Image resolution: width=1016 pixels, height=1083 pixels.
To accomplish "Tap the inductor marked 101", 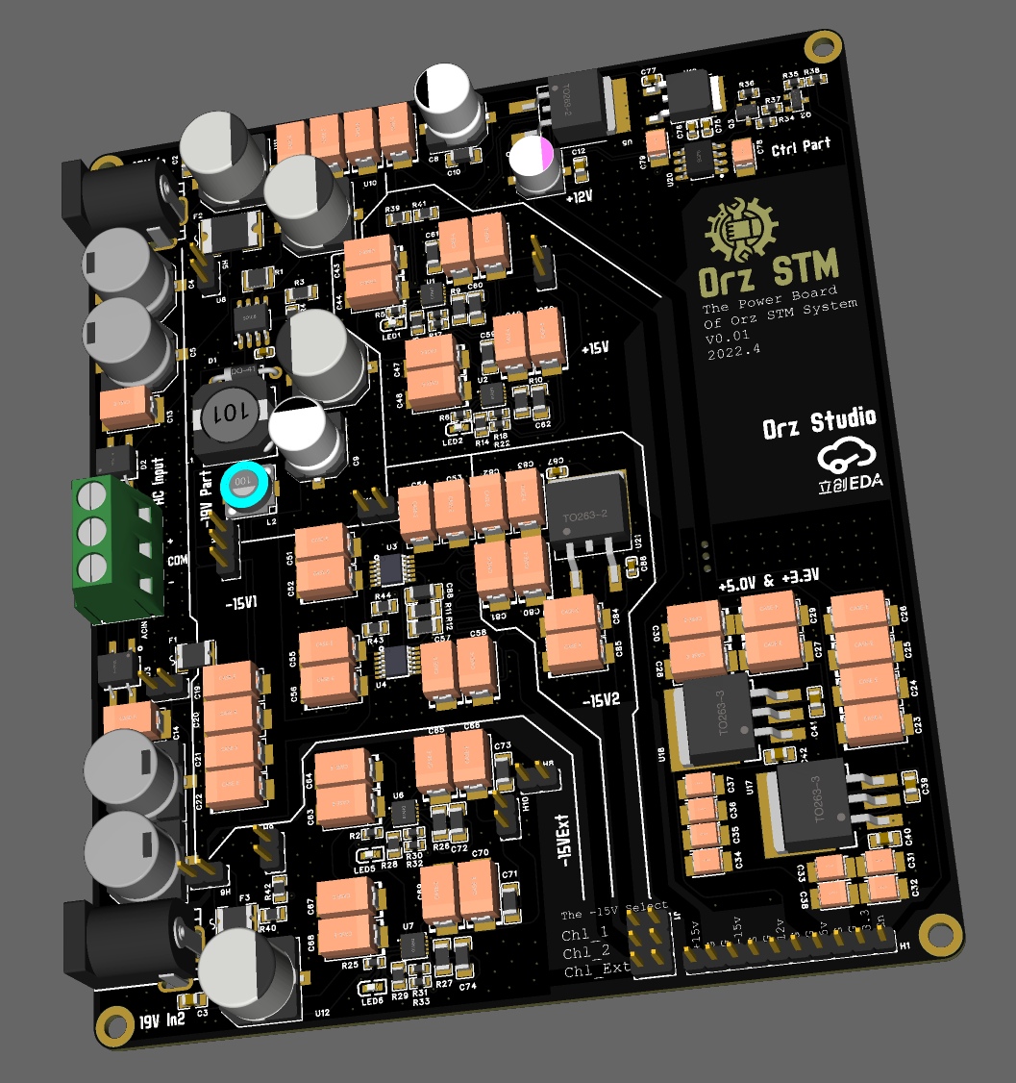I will [x=229, y=416].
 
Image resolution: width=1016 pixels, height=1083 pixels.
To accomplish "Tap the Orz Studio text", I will [x=819, y=423].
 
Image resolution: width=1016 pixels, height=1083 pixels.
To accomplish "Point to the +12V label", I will [x=579, y=196].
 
